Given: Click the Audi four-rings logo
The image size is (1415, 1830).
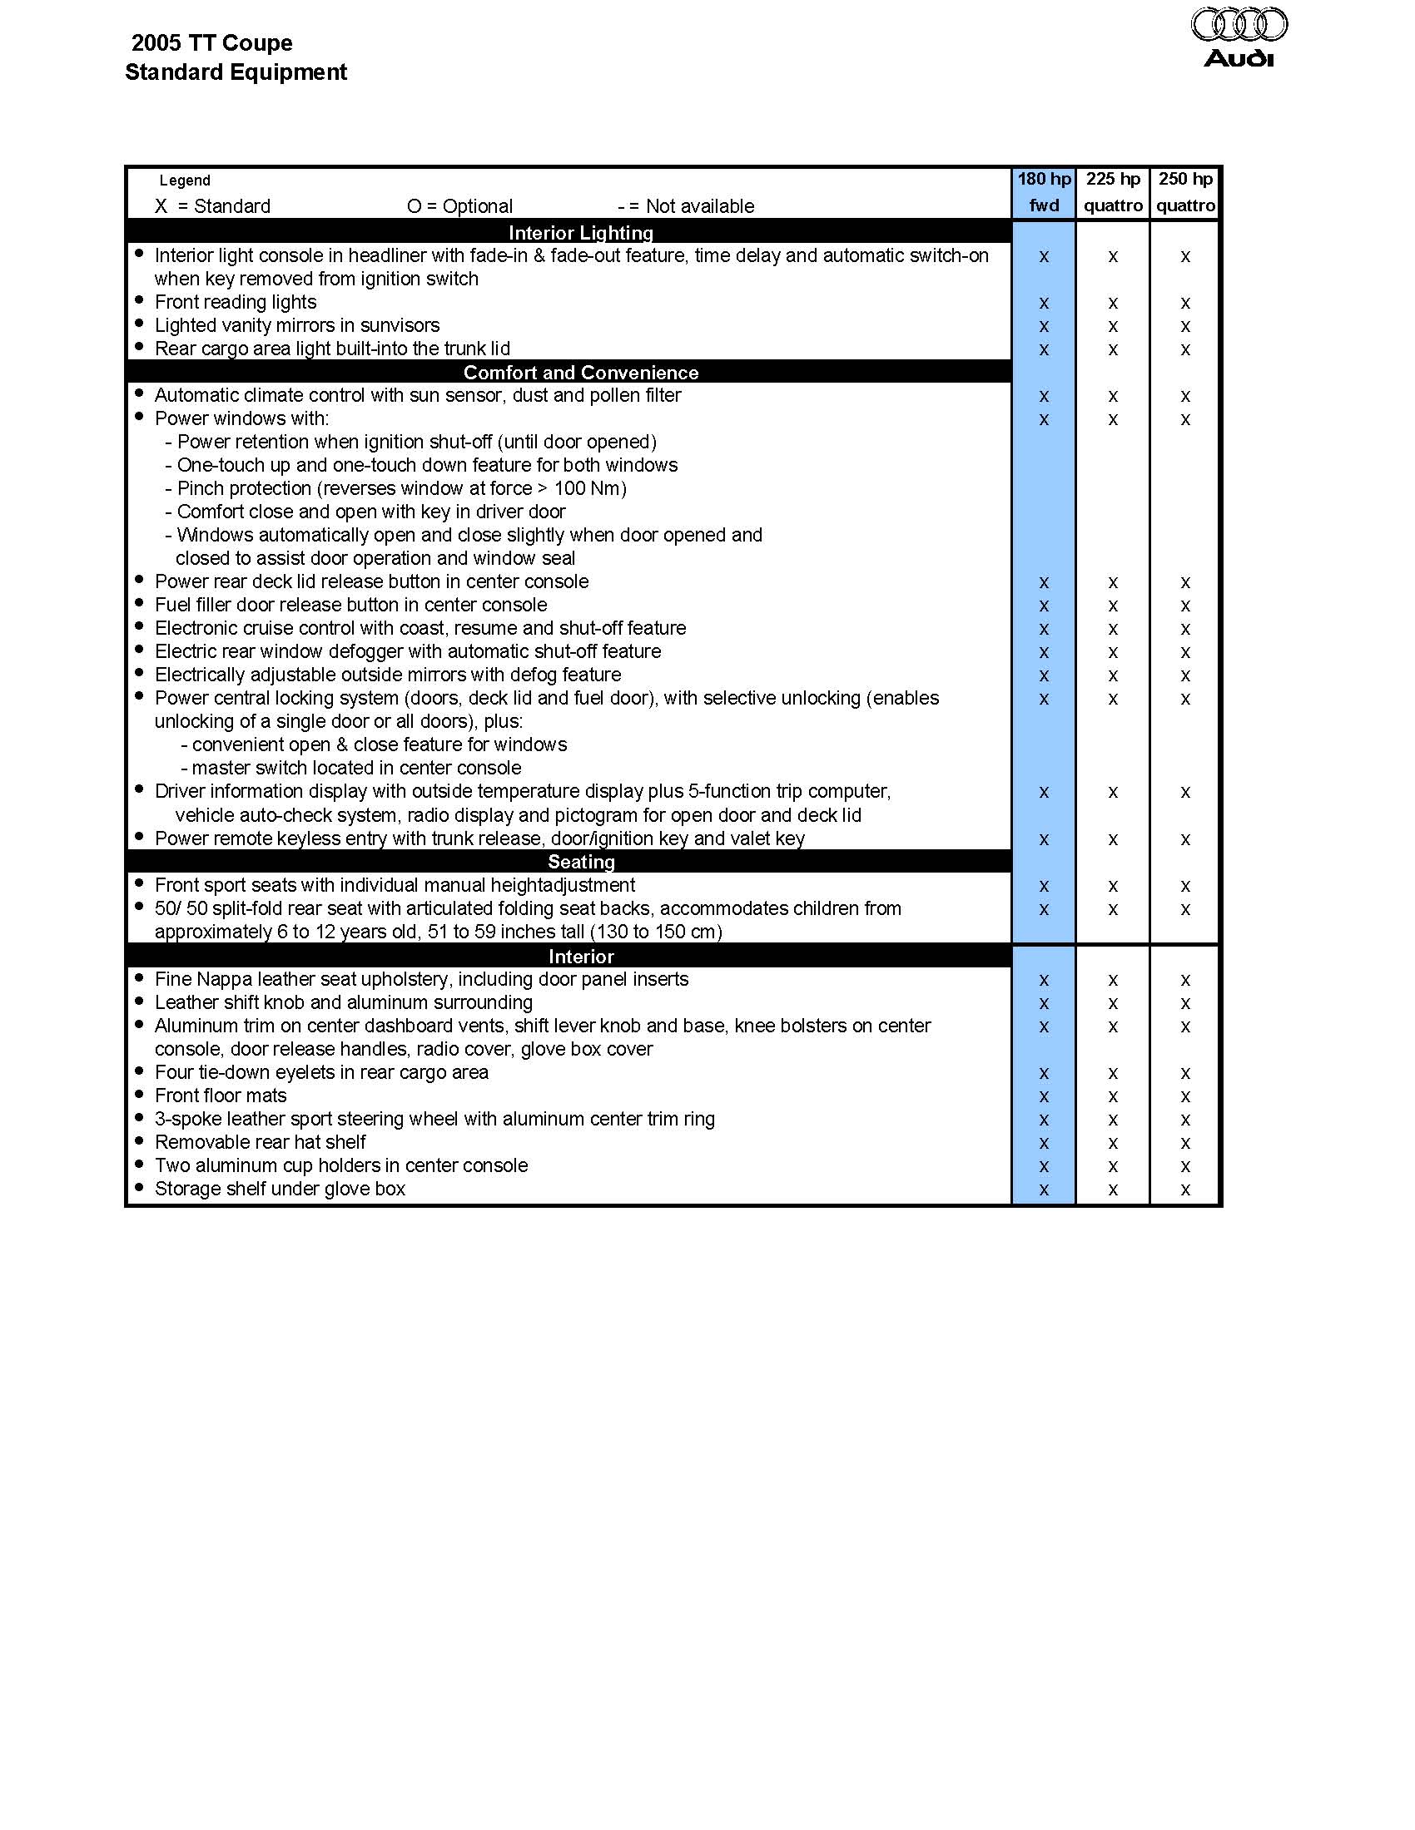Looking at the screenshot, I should tap(1239, 25).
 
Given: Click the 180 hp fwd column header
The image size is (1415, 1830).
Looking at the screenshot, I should tap(1044, 192).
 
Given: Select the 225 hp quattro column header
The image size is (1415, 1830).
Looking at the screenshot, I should tap(1112, 192).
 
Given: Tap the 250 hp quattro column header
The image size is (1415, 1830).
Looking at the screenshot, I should tap(1185, 192).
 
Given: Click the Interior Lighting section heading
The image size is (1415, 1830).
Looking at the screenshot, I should tap(581, 233).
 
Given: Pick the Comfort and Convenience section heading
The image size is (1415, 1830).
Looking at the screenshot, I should tap(581, 372).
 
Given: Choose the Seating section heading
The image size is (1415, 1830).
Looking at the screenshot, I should tap(581, 862).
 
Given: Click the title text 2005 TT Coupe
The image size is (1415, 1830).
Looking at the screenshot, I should tap(212, 42).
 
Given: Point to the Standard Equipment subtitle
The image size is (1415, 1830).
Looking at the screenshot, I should tap(236, 72).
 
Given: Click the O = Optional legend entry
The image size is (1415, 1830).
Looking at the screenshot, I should tap(459, 206).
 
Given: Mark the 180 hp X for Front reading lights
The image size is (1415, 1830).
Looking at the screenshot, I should tap(1044, 304).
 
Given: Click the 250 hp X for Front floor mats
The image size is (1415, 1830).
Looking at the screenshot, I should tap(1185, 1097).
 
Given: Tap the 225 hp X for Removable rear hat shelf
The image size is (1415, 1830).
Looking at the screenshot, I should tap(1112, 1144).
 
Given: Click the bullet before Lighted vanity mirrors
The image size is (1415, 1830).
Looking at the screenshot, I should tap(139, 324).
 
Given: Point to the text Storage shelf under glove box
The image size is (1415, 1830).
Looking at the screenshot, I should tap(280, 1189).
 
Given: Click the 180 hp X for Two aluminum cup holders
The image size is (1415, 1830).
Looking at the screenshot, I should tap(1044, 1166).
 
